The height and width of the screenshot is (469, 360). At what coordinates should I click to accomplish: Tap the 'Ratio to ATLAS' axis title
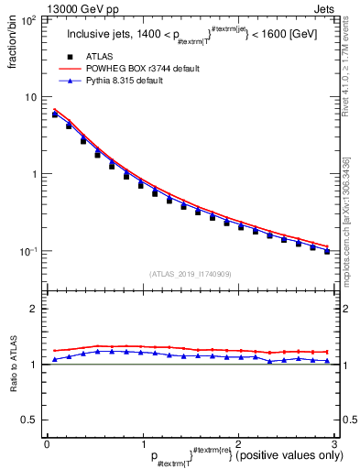(x=13, y=363)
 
